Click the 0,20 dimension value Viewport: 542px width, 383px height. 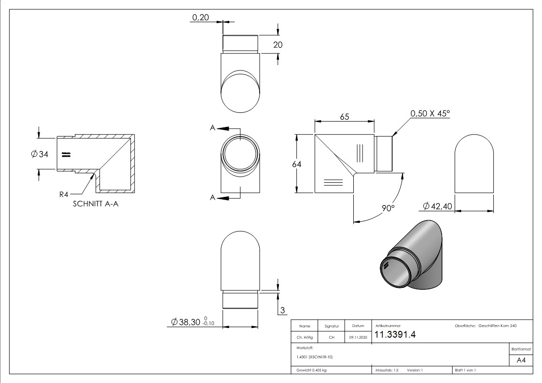point(200,17)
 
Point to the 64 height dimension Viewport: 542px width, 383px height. point(296,164)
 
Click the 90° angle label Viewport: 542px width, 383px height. point(389,208)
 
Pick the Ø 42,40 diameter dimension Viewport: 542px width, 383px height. point(437,206)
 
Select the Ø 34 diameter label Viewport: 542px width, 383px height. point(39,154)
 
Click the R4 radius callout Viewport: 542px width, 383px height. point(64,194)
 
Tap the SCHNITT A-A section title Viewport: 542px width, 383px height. point(96,204)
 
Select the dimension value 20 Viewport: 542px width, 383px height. point(278,45)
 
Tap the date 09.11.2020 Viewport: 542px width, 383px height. point(357,338)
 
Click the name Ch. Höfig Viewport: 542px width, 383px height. point(305,338)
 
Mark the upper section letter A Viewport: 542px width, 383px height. point(212,128)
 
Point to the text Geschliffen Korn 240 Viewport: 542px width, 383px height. point(497,326)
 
